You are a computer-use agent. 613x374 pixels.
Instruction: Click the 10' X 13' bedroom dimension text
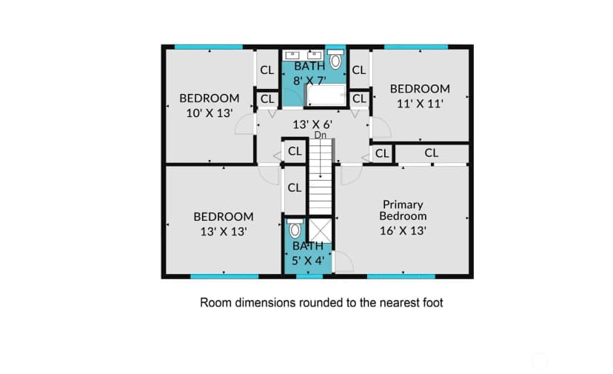210,113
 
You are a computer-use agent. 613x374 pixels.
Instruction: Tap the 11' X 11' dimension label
421,104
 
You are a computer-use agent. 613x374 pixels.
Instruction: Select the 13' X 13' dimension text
224,232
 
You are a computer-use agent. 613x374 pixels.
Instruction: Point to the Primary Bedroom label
403,210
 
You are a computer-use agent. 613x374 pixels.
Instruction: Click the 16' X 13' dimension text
403,231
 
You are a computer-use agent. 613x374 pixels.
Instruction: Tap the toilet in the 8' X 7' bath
335,59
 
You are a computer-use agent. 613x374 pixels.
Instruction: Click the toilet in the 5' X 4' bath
295,228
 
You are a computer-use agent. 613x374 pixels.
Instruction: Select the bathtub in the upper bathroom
326,95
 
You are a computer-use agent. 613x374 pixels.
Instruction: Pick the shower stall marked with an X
320,230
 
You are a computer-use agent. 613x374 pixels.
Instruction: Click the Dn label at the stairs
320,135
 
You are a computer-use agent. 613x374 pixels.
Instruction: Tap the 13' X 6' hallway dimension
312,125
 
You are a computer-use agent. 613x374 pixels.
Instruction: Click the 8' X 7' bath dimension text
309,81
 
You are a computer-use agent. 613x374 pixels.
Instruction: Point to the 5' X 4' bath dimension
308,260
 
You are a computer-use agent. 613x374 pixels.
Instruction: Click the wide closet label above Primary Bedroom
431,153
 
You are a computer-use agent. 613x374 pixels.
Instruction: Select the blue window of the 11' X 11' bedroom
416,47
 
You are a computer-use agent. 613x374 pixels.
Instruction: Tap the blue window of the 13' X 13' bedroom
224,276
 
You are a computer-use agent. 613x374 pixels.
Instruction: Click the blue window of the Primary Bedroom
401,276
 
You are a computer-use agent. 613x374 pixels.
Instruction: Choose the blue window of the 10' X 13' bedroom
208,47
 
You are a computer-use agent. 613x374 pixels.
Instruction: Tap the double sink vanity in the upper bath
303,55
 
